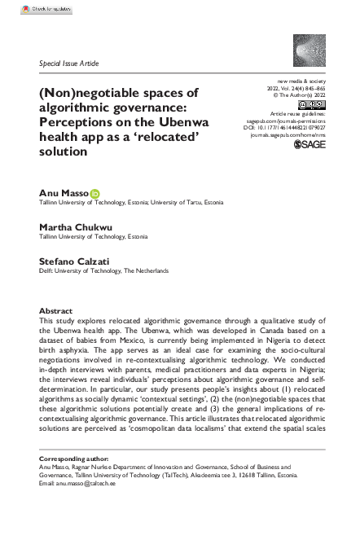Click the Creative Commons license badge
pyautogui.click(x=312, y=105)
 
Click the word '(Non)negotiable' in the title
pyautogui.click(x=84, y=89)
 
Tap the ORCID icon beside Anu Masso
pyautogui.click(x=94, y=192)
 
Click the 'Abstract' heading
pyautogui.click(x=55, y=312)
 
